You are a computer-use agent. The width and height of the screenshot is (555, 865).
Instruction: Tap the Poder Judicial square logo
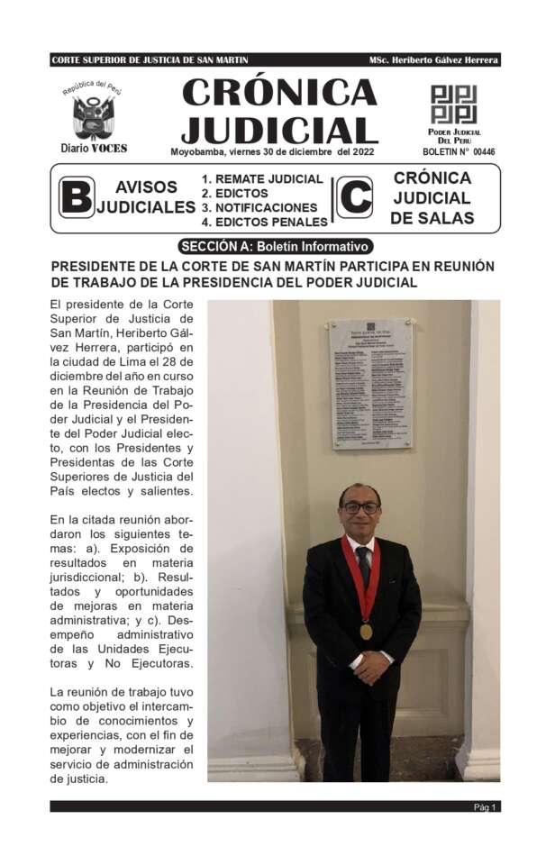[453, 105]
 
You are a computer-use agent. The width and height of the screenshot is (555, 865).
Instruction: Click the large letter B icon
[76, 197]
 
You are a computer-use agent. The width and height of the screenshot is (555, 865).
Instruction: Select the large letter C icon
[354, 197]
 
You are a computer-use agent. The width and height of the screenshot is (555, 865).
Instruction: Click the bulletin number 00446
[484, 152]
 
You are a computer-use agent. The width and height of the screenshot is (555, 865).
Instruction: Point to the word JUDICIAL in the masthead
[279, 130]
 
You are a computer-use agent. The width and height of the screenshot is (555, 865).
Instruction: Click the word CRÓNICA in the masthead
[279, 92]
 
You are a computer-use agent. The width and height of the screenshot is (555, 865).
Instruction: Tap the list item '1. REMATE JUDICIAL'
[262, 178]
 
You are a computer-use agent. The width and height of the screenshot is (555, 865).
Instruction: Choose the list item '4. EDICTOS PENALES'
[265, 222]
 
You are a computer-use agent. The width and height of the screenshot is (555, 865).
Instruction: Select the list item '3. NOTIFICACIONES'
[259, 207]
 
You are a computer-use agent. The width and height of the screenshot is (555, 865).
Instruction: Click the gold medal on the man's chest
[366, 631]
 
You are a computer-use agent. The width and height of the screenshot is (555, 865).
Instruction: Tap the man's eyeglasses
[361, 508]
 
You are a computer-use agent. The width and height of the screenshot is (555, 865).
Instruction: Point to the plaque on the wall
[370, 382]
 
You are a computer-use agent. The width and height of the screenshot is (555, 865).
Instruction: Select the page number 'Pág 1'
[486, 806]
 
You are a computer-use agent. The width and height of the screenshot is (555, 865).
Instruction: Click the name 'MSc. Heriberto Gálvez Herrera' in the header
[432, 60]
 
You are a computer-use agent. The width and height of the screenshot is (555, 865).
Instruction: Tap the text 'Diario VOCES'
[94, 148]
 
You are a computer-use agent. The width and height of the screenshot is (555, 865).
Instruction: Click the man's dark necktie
[364, 563]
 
